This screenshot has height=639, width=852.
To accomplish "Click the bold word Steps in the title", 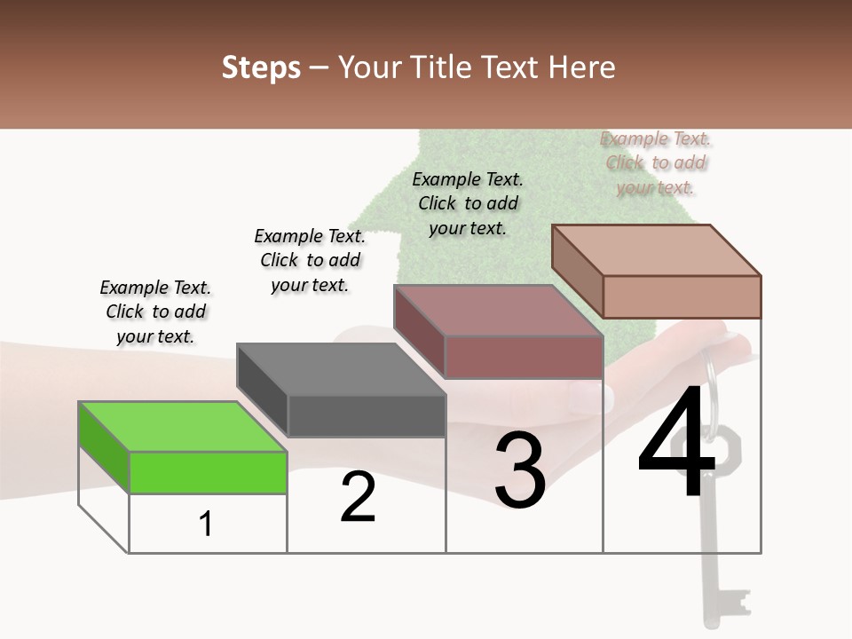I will click(x=261, y=67).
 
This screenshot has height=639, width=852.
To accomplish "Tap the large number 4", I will click(x=676, y=444).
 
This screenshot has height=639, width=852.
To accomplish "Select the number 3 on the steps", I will click(x=520, y=471).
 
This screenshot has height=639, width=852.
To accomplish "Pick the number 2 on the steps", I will click(x=359, y=497).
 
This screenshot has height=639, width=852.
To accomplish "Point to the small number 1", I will click(x=206, y=525).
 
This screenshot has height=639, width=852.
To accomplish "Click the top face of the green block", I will click(x=182, y=427).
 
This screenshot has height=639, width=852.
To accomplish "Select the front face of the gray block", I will click(x=367, y=415).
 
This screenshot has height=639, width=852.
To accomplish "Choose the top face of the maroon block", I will click(x=498, y=311).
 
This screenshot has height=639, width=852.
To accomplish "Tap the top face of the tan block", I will click(x=657, y=250).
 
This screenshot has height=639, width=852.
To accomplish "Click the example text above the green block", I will click(x=155, y=312).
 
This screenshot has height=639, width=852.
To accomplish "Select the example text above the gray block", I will click(x=310, y=260).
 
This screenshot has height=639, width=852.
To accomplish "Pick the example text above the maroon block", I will click(x=468, y=203).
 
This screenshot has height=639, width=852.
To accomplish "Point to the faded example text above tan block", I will click(x=656, y=163).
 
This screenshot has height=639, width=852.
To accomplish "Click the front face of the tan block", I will click(x=682, y=296).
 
